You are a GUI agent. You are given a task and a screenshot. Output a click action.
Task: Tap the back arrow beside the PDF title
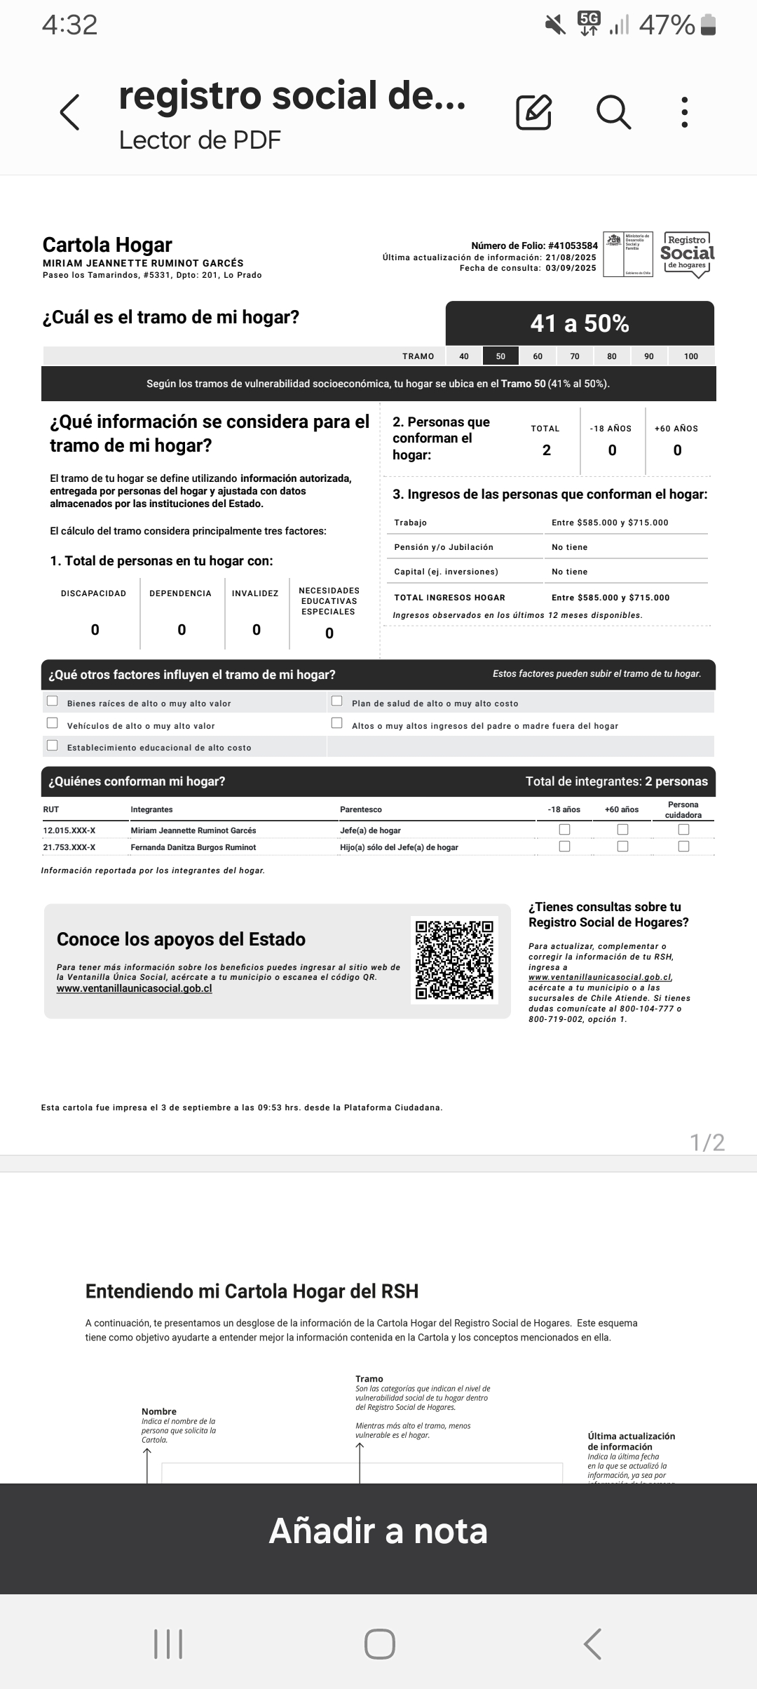tap(69, 112)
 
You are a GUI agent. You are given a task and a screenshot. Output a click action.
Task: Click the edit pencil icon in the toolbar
tap(533, 112)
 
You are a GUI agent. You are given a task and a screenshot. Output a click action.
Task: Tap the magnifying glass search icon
tap(613, 112)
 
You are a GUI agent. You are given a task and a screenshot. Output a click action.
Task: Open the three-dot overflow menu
tap(685, 112)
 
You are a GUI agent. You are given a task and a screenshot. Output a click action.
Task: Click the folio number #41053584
tap(573, 246)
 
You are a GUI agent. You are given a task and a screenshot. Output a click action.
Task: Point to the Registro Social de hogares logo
tap(687, 255)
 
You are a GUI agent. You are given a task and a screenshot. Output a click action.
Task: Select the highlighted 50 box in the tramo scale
tap(500, 356)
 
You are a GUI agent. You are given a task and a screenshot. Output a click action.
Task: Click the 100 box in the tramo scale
tap(690, 356)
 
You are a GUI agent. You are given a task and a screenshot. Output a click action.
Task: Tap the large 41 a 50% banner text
tap(580, 323)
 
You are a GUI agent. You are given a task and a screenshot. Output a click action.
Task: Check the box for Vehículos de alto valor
tap(53, 723)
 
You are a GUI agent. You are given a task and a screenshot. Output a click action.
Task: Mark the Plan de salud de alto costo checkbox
tap(337, 701)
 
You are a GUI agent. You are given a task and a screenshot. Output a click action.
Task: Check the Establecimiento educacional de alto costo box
tap(53, 746)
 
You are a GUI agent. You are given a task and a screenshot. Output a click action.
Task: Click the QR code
tap(454, 960)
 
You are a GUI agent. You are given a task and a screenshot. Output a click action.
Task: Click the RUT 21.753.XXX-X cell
tap(69, 847)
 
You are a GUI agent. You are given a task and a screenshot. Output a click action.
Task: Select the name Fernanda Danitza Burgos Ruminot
tap(193, 847)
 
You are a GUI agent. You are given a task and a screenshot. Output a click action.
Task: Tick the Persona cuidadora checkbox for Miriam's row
tap(683, 829)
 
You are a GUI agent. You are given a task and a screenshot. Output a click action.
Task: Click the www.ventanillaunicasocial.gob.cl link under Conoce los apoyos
tap(134, 989)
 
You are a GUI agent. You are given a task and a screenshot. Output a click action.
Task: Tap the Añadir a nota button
tap(378, 1530)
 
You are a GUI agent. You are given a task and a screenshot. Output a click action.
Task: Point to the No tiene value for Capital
tap(569, 572)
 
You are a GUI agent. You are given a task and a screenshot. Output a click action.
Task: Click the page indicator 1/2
tap(707, 1143)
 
